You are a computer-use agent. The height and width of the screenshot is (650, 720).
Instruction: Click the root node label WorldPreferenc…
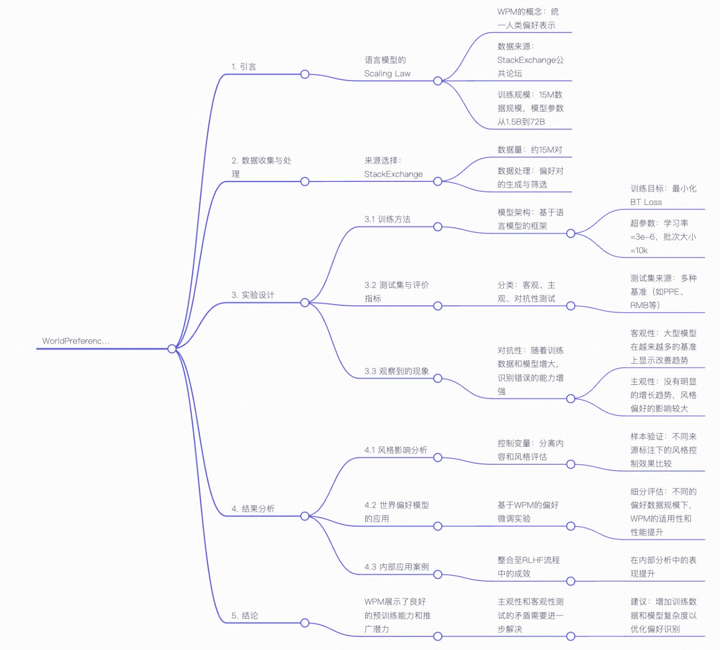coord(76,341)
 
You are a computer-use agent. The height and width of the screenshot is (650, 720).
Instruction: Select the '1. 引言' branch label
coord(244,67)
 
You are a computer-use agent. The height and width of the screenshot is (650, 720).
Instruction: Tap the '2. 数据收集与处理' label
coord(261,167)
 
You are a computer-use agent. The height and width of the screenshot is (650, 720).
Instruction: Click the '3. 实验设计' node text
coord(253,295)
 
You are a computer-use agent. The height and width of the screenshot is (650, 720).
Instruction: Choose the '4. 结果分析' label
coord(253,508)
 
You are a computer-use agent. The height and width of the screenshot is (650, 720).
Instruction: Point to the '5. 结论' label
coord(245,616)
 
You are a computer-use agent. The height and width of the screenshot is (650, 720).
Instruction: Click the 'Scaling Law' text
coord(387,74)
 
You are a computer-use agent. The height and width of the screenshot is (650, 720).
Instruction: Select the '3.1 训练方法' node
coord(387,219)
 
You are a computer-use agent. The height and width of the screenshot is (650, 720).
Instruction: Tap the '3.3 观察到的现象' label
coord(396,371)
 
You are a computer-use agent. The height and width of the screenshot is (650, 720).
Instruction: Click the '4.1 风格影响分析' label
coord(395,450)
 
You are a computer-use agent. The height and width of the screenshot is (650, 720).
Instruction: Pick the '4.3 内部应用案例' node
coord(396,567)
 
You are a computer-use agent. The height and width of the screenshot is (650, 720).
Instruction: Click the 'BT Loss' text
coord(646,202)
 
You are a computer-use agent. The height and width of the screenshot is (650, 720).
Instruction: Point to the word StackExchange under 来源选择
coord(393,174)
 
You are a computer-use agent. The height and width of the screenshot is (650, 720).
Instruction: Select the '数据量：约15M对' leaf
coord(530,150)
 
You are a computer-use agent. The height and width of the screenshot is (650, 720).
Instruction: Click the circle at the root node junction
coord(172,349)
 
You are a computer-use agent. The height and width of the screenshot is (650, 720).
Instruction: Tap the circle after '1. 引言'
coord(305,74)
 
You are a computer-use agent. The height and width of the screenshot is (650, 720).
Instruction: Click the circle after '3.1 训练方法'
coord(438,227)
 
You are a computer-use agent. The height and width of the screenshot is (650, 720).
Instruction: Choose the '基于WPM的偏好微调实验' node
coord(528,512)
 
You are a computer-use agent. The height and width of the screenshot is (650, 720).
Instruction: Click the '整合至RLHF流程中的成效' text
coord(528,567)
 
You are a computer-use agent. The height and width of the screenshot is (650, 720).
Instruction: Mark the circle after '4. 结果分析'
coord(305,516)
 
